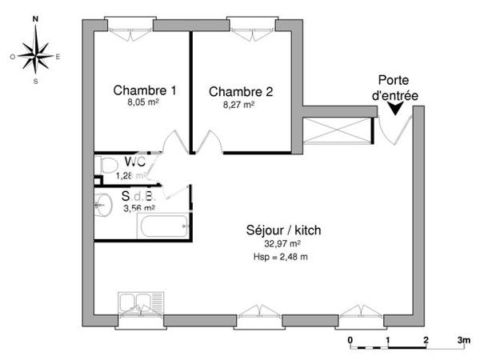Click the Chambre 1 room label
145,90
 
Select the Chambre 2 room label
241,91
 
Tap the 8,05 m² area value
145,103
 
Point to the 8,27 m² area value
239,104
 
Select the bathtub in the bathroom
165,226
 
